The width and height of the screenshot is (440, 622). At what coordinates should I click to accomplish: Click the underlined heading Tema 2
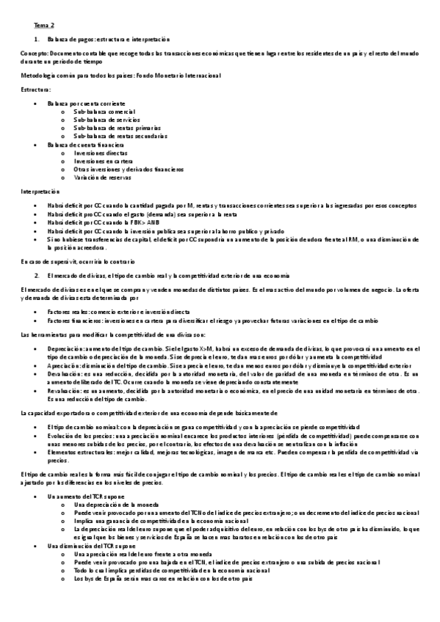[34, 24]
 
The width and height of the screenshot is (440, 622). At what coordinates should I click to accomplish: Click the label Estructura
[36, 89]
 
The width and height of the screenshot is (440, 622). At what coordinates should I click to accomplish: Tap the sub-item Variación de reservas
[101, 178]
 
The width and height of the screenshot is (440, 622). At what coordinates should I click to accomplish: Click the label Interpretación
[40, 191]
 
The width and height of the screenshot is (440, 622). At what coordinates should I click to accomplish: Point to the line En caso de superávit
[67, 260]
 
